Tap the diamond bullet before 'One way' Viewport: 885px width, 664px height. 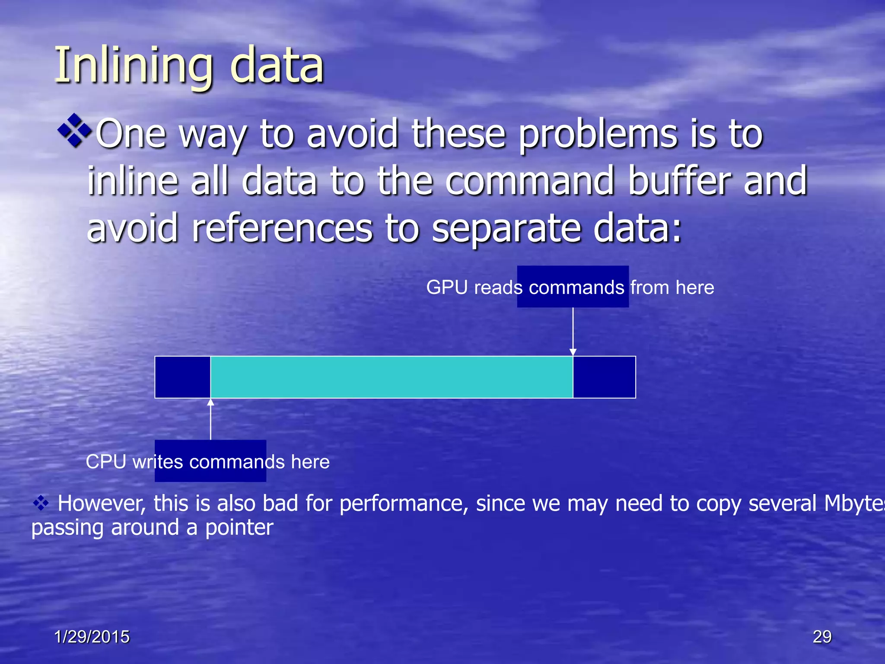75,130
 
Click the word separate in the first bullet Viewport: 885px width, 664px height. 506,229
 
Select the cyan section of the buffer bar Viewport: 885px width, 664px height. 391,377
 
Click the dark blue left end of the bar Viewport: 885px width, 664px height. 183,377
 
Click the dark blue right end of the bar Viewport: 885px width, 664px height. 604,377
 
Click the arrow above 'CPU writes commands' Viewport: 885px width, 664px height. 211,419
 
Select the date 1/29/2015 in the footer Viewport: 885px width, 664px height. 92,636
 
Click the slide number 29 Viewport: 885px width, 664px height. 822,636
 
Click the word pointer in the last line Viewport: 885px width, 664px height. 239,528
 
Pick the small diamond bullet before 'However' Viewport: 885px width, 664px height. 41,503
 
